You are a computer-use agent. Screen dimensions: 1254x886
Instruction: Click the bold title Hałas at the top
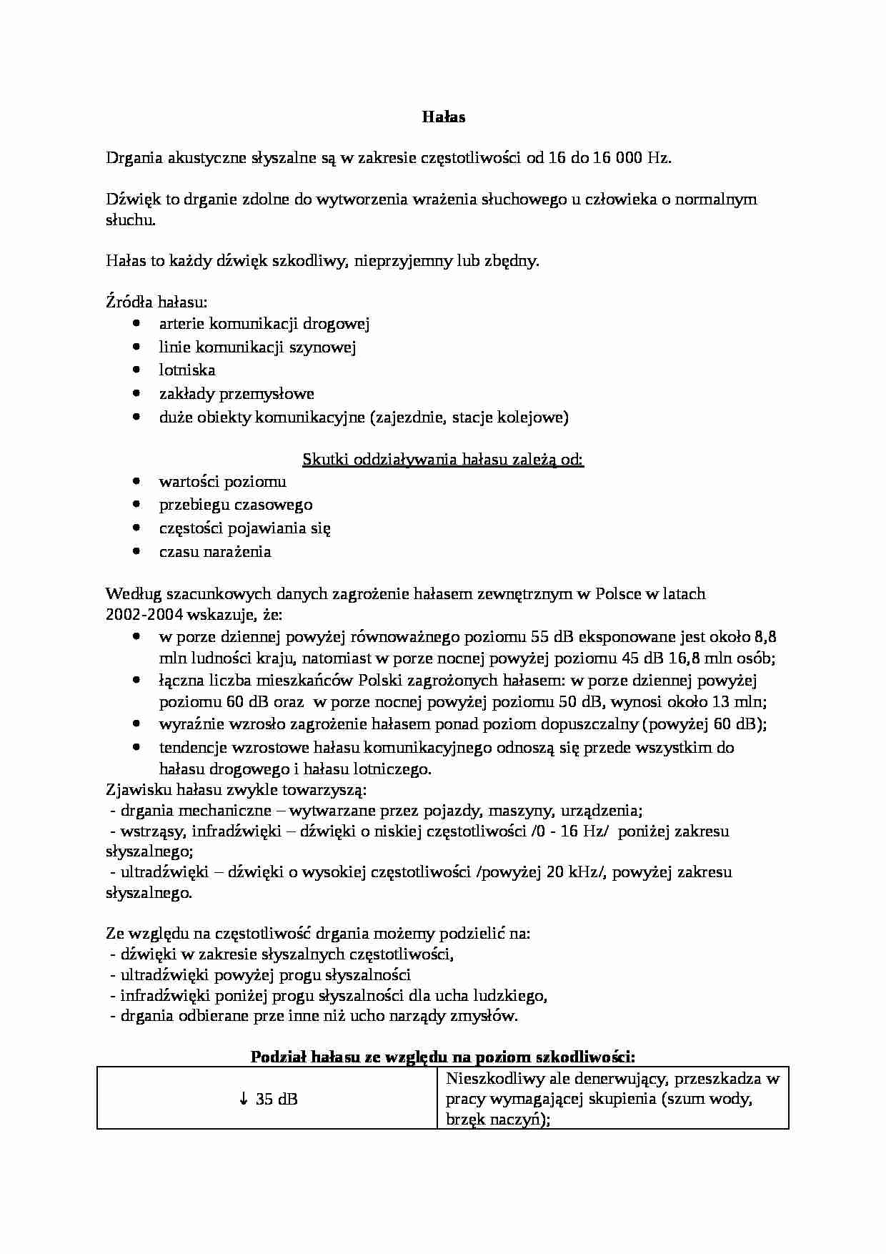click(443, 117)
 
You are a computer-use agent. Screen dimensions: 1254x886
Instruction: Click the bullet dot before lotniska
click(136, 370)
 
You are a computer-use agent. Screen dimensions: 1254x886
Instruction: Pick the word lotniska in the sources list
click(187, 370)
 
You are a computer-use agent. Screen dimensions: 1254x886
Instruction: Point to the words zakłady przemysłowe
click(237, 394)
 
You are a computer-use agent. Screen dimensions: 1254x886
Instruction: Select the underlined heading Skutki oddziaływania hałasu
click(443, 459)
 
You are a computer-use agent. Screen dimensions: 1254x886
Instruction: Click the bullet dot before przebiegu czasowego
click(136, 505)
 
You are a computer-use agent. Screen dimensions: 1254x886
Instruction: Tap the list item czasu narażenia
click(215, 552)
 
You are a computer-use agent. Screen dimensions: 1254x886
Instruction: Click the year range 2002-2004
click(144, 615)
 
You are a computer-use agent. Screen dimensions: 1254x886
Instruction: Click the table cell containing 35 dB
click(267, 1100)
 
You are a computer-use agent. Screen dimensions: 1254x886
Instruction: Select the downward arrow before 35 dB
click(243, 1100)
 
